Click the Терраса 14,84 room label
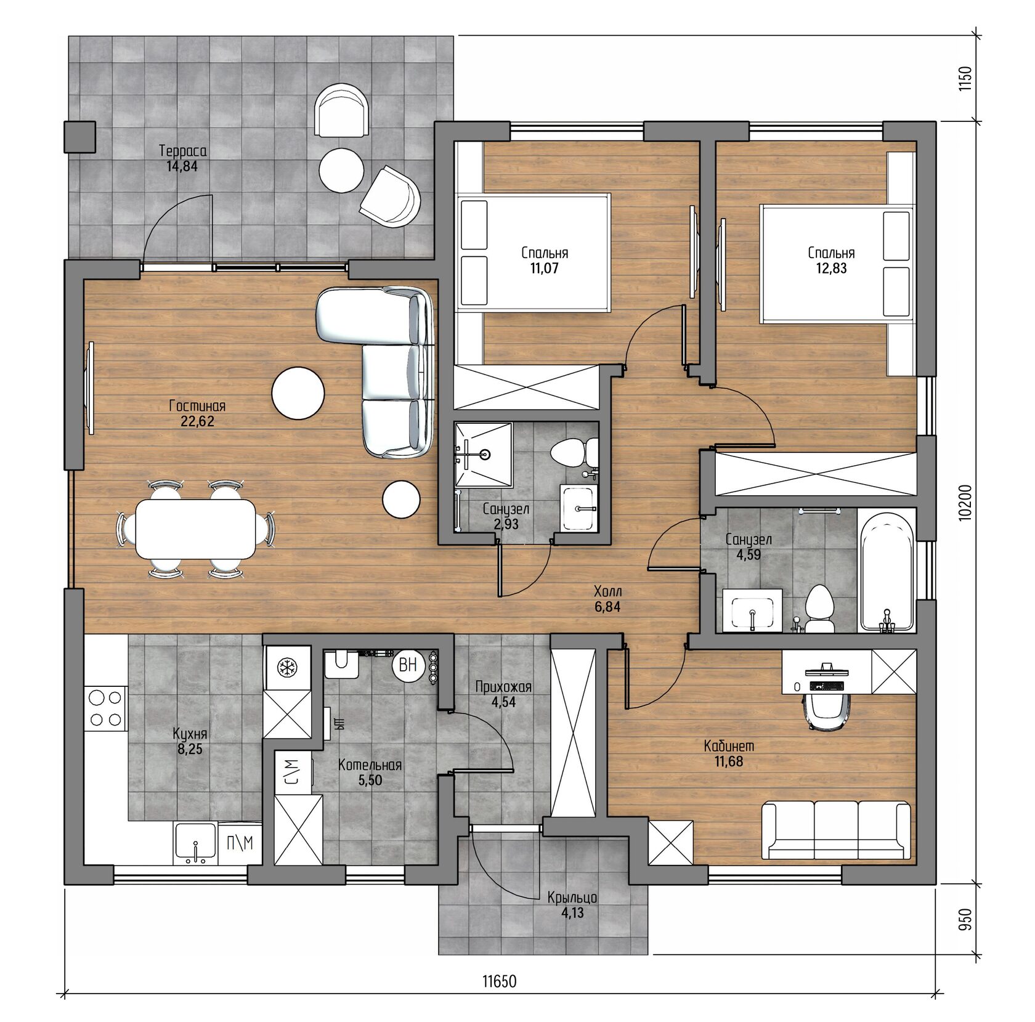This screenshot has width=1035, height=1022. [182, 158]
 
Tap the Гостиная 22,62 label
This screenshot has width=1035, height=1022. [197, 413]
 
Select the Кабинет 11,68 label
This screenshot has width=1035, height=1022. [729, 753]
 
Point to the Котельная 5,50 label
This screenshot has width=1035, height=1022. [370, 773]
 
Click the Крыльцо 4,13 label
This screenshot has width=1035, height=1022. [572, 905]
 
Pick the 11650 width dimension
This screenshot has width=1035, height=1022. [499, 981]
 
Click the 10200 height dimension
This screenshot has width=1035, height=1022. [965, 503]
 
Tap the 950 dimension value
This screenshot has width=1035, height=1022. [965, 919]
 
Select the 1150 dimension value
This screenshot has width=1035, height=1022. [965, 78]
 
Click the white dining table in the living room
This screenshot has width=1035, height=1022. [197, 529]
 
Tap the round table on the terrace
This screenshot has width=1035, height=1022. [341, 169]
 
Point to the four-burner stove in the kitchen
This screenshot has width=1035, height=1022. [105, 708]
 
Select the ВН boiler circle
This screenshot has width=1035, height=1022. [408, 665]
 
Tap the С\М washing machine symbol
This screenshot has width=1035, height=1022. [293, 771]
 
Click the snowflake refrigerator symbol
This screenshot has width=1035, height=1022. [286, 667]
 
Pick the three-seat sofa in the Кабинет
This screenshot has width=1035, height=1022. [836, 830]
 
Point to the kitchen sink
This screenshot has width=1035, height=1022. [195, 842]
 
